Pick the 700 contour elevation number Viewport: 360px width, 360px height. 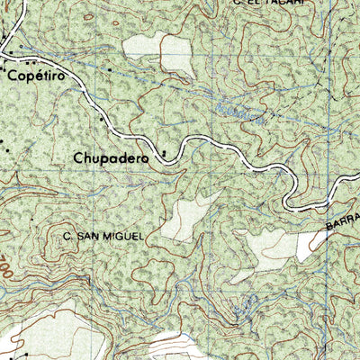click(x=7, y=267)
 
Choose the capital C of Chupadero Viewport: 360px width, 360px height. click(x=79, y=157)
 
